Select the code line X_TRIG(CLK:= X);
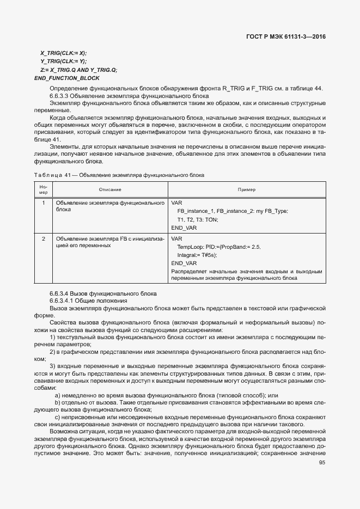tap(63, 53)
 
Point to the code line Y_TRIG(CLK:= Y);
tap(63, 62)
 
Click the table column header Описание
tap(110, 189)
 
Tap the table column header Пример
tap(247, 189)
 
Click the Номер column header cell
tap(44, 189)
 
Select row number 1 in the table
tap(44, 203)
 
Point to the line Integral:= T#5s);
tap(197, 255)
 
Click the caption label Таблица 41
tap(53, 175)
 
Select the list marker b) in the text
tap(57, 395)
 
